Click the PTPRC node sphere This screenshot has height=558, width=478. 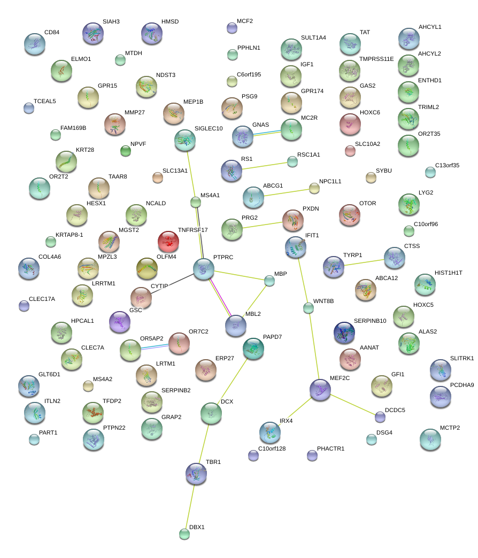(x=203, y=269)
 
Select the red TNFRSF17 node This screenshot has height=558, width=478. (x=168, y=242)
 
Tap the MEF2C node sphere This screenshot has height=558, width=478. (x=320, y=390)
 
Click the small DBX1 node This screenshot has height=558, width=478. (x=184, y=533)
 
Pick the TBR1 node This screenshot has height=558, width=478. (x=196, y=473)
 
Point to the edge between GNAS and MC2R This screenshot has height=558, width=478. (x=267, y=133)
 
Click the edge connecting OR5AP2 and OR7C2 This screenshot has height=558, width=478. (x=155, y=346)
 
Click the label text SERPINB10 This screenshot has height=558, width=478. (x=370, y=321)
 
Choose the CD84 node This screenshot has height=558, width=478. (x=35, y=44)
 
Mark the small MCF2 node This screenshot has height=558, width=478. (x=232, y=28)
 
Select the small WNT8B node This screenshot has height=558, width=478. (x=309, y=307)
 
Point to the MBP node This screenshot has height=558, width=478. (x=269, y=281)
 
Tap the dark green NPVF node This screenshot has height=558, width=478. (x=126, y=151)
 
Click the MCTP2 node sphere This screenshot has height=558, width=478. (x=430, y=439)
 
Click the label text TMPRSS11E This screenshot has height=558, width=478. (x=376, y=59)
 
